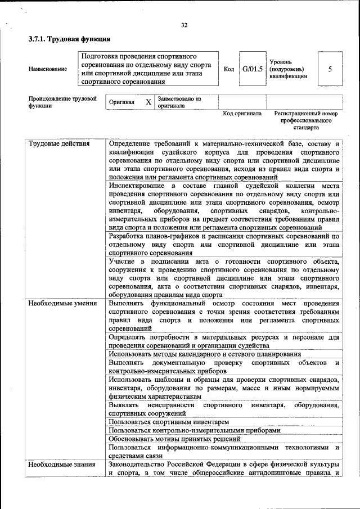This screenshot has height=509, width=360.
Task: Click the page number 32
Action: [184, 25]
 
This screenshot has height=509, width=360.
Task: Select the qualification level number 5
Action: [330, 69]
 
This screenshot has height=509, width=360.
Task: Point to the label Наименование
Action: [47, 69]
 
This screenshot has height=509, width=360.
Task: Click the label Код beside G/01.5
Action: [229, 69]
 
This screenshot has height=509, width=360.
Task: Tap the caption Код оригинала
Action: [242, 114]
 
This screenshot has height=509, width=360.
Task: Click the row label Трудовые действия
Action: [59, 143]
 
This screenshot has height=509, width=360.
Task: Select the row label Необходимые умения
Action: [62, 304]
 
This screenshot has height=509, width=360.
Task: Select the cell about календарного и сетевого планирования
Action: [205, 354]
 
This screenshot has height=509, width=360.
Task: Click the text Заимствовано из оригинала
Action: [179, 102]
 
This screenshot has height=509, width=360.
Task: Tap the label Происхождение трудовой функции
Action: [62, 102]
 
